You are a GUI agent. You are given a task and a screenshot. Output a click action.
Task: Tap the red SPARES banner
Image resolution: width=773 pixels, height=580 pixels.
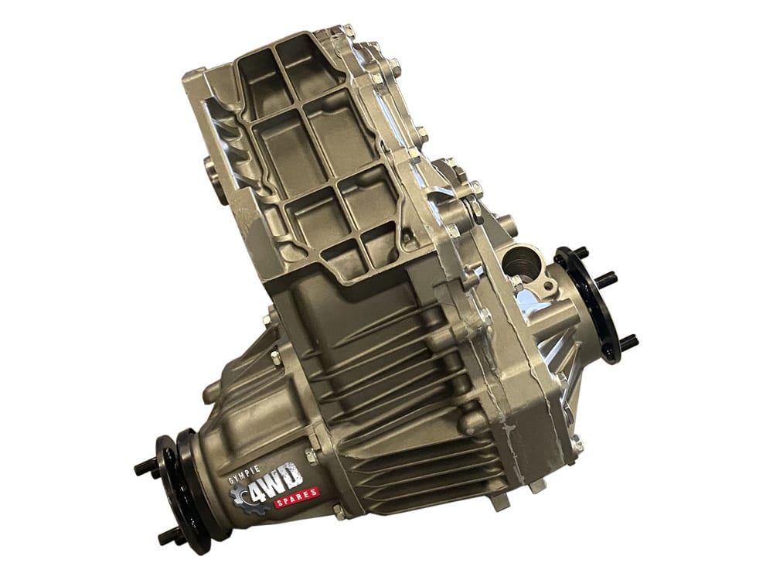click(x=296, y=497)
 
